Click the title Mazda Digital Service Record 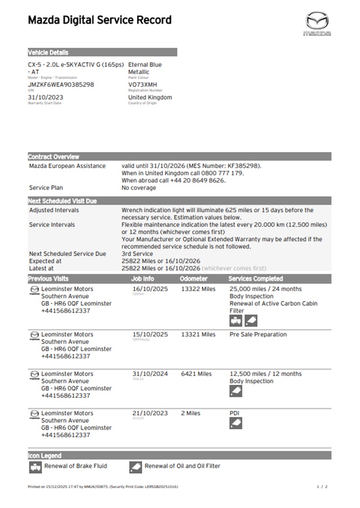click(x=99, y=20)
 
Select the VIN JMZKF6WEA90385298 click(x=61, y=85)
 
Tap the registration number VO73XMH click(x=143, y=85)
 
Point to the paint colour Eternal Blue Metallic click(x=145, y=68)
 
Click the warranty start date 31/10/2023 click(x=45, y=97)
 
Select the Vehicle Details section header click(x=49, y=53)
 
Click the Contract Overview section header click(x=54, y=157)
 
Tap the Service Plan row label click(x=46, y=187)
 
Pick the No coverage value click(x=139, y=187)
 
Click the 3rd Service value click(x=137, y=254)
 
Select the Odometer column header click(x=193, y=279)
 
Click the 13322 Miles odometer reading click(x=198, y=289)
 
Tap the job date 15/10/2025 click(x=150, y=334)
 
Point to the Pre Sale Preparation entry click(x=258, y=334)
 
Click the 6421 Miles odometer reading click(x=196, y=374)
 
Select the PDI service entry click(x=235, y=413)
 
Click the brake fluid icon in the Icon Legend click(x=35, y=467)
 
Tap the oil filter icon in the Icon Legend click(x=135, y=467)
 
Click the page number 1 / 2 click(x=322, y=486)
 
